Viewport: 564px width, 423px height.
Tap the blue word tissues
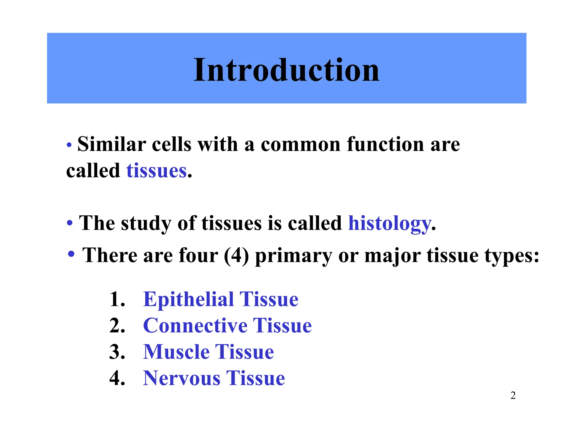[x=156, y=171]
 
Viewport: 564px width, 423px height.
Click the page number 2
[x=513, y=395]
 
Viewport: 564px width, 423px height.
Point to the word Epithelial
[x=189, y=299]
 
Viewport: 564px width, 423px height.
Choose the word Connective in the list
[x=195, y=326]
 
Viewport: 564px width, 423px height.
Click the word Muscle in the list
[x=176, y=352]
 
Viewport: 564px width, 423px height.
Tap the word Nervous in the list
[x=182, y=378]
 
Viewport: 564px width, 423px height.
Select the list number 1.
[x=117, y=299]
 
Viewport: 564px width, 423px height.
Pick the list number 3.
[x=117, y=352]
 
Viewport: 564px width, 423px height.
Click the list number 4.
[x=117, y=378]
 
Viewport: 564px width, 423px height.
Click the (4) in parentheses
[x=236, y=256]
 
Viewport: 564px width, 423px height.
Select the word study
[x=146, y=223]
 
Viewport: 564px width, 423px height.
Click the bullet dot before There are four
[x=71, y=254]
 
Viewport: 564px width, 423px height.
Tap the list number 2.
[x=117, y=326]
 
